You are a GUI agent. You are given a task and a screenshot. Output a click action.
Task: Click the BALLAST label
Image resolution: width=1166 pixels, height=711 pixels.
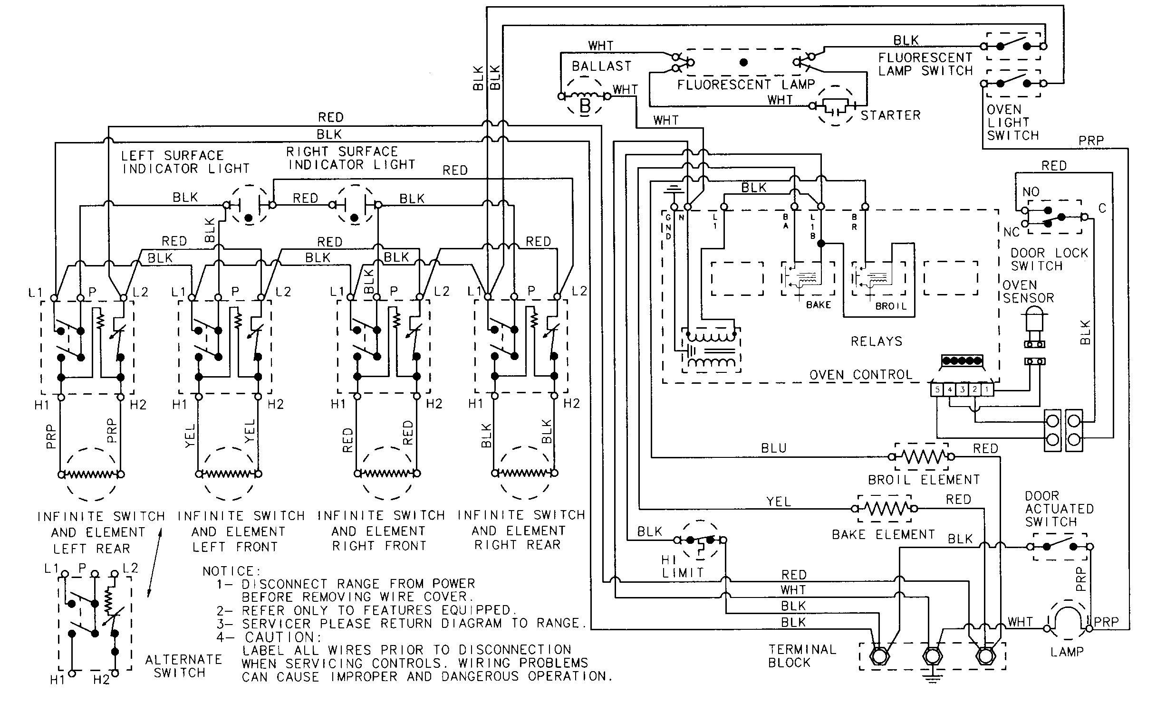tap(601, 66)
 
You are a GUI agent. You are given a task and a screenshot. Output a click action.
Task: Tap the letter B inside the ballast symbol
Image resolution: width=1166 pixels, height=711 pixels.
tap(585, 105)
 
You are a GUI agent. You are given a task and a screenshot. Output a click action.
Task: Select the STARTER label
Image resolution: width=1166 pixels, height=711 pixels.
tap(890, 115)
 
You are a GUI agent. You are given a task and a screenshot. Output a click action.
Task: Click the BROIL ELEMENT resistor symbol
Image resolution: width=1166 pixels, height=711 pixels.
tap(921, 457)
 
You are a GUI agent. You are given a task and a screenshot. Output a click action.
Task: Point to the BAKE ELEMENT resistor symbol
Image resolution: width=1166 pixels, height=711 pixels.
tap(885, 509)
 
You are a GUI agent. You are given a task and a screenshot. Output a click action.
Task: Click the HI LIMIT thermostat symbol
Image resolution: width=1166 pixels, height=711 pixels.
tap(700, 541)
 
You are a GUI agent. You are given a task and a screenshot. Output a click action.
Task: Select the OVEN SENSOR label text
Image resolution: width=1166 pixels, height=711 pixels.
tap(1028, 292)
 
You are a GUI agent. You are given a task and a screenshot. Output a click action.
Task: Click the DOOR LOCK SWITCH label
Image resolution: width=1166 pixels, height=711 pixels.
tap(1049, 259)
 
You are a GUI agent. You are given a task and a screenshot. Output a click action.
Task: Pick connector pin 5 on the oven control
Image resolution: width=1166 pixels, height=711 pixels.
tap(937, 390)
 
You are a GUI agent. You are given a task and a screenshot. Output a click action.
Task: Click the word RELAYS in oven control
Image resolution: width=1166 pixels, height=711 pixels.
tap(876, 341)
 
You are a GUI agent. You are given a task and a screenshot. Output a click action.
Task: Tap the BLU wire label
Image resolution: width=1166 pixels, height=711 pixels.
tap(773, 448)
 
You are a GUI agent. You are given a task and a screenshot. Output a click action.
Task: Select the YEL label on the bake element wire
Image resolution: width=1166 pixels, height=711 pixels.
tap(778, 502)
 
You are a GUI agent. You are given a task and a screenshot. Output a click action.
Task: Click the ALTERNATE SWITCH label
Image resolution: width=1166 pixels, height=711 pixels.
tap(183, 666)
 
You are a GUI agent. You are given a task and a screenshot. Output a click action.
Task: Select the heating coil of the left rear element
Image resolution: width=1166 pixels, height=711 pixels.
tap(90, 474)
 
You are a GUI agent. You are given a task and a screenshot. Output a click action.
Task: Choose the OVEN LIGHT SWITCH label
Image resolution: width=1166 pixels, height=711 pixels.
tap(1012, 123)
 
